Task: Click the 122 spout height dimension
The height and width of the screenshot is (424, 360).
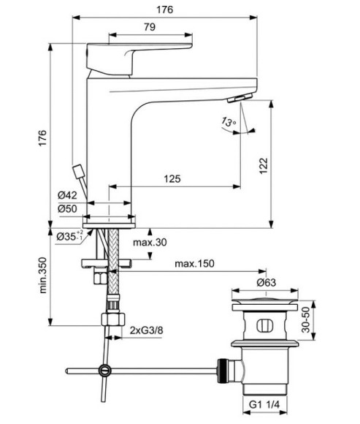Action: [263, 167]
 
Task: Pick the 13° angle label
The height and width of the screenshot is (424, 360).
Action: [230, 123]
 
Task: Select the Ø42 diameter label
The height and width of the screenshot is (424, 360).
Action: [67, 194]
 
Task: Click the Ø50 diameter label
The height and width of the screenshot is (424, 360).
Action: [67, 208]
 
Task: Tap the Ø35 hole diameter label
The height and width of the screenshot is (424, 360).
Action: [70, 235]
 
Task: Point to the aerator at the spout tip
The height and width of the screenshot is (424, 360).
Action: [240, 99]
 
